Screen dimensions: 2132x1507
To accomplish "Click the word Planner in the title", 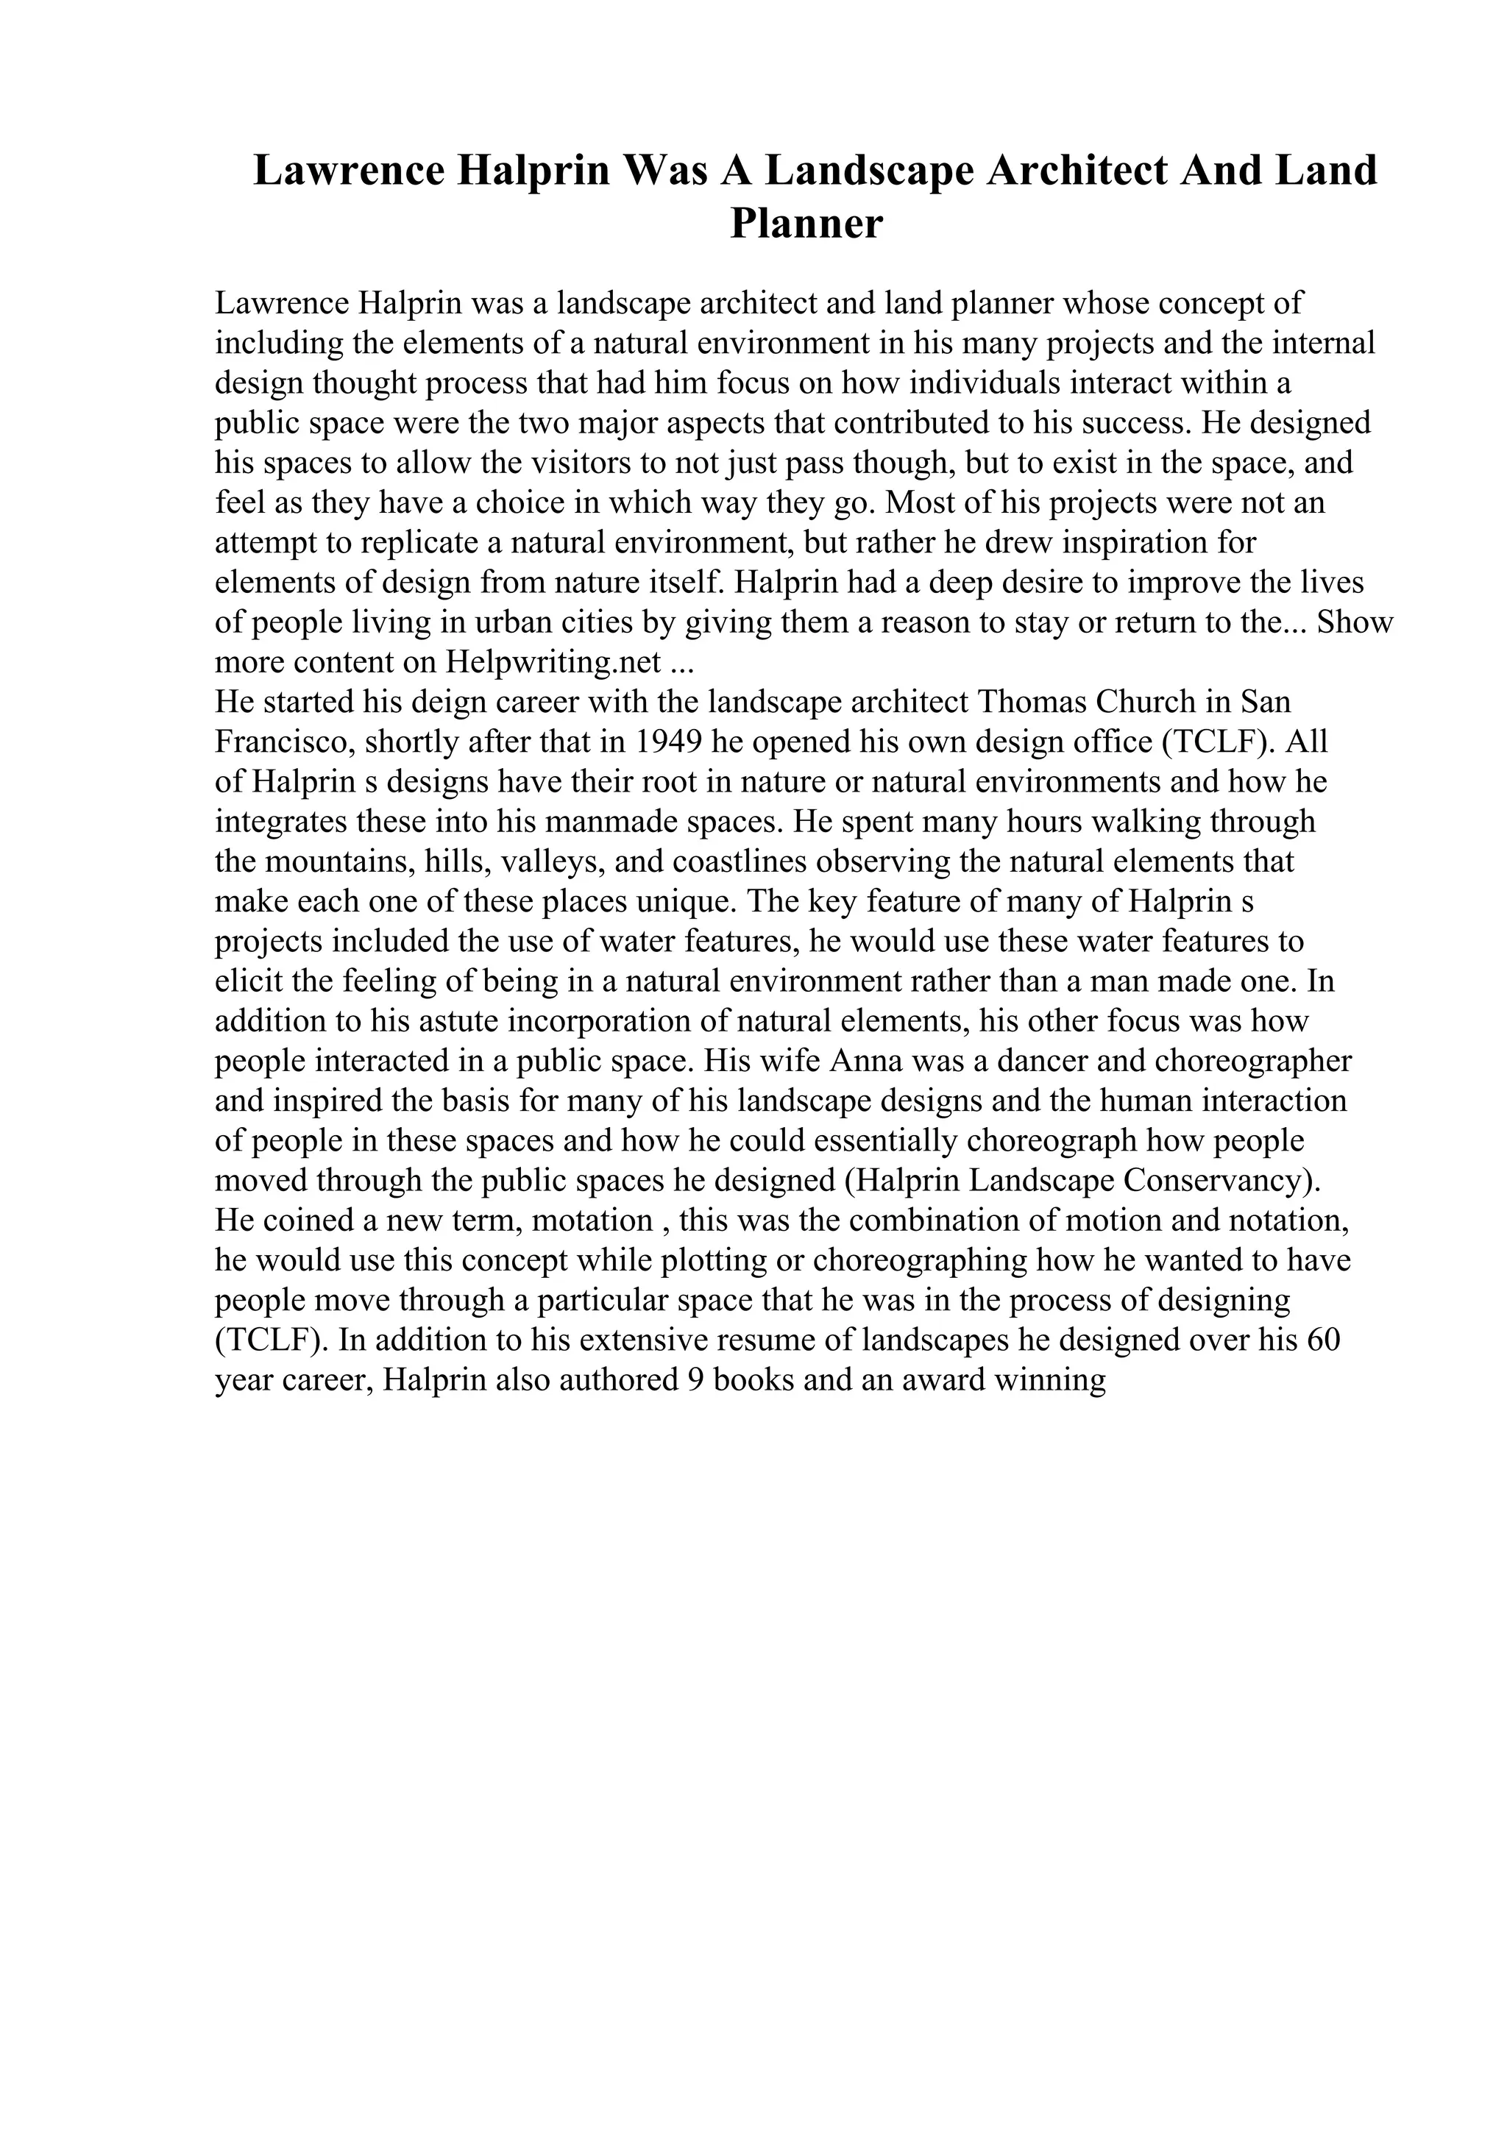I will click(x=806, y=224).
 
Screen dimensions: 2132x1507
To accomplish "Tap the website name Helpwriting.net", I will click(x=553, y=662).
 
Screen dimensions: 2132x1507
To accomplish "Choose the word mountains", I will click(x=339, y=861).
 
